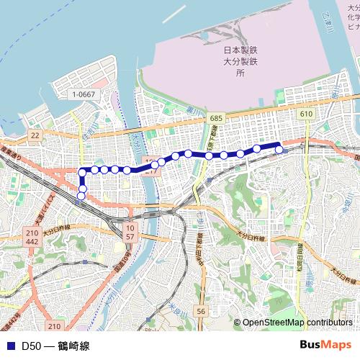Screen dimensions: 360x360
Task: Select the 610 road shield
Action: (x=305, y=114)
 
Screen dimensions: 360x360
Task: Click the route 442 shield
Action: (x=32, y=243)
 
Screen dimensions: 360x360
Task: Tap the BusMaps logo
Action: (x=325, y=346)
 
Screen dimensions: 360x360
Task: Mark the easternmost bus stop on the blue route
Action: (x=279, y=150)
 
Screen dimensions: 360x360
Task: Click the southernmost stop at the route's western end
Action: (x=81, y=196)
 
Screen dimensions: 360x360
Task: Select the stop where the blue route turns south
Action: (x=81, y=171)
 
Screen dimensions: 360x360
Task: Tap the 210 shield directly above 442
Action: (x=32, y=234)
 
